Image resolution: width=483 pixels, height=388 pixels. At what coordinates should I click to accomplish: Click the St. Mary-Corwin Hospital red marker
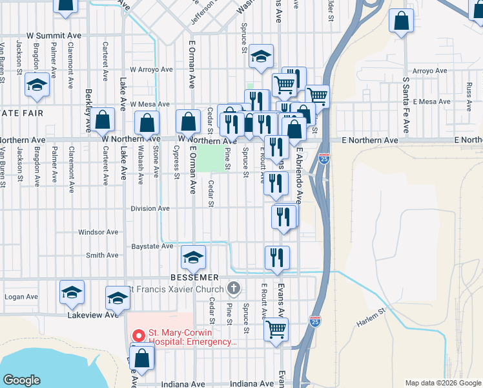(x=138, y=336)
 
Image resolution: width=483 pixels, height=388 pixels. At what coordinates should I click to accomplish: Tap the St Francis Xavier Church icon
(x=234, y=288)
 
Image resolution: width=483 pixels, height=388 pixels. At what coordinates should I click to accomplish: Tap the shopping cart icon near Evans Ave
(x=276, y=329)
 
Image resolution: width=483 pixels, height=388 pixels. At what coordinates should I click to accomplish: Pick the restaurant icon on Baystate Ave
(x=277, y=257)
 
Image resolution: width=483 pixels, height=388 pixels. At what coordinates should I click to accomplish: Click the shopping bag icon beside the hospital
(x=142, y=357)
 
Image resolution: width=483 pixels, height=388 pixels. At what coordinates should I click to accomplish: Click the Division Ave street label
(x=150, y=209)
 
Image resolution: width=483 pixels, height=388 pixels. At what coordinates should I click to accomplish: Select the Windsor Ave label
(x=98, y=232)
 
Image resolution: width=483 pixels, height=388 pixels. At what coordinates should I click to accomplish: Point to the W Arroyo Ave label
(x=152, y=69)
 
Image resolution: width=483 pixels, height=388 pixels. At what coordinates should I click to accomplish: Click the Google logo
(x=22, y=380)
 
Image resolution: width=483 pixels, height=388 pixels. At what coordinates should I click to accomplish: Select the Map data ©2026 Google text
(x=443, y=383)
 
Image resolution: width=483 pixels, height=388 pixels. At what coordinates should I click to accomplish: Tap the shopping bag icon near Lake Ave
(x=102, y=120)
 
